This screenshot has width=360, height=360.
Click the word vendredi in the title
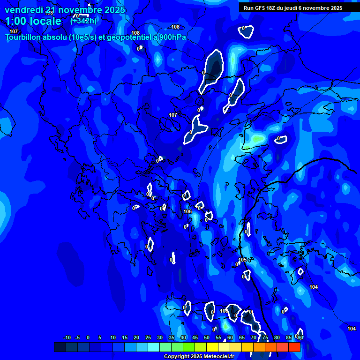[x=23, y=10]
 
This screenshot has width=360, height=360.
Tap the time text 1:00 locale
[x=33, y=21]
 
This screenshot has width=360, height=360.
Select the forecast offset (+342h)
[x=84, y=21]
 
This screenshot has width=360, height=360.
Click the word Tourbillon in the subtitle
[x=22, y=37]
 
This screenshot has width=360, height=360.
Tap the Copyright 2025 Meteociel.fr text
[x=199, y=356]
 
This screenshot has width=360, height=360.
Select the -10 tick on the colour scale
[x=67, y=338]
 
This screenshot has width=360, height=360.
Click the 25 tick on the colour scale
[x=148, y=338]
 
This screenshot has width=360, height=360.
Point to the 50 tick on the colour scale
[x=207, y=338]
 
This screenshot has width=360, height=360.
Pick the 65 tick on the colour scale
[x=242, y=338]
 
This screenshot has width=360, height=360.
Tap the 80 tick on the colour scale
[x=277, y=338]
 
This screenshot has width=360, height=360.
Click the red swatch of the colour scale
[x=294, y=347]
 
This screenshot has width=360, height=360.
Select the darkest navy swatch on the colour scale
[x=60, y=347]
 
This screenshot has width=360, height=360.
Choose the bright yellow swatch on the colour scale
[x=212, y=347]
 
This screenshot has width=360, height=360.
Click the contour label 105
[x=242, y=260]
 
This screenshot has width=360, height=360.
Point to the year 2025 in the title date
[x=114, y=10]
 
